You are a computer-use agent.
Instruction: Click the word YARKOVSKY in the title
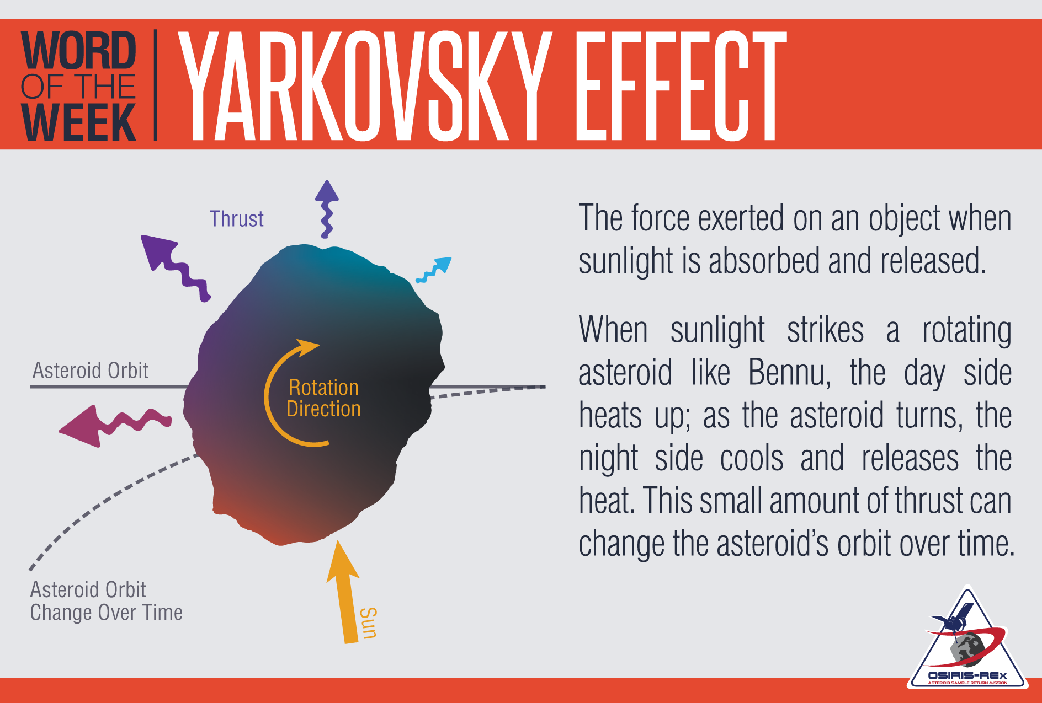(364, 85)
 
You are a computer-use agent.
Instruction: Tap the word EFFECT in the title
(680, 85)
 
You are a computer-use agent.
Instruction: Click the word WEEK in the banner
(78, 122)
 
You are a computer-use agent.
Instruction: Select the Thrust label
(236, 219)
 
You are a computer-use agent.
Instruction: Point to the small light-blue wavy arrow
(434, 270)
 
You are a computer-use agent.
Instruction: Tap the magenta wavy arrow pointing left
(115, 425)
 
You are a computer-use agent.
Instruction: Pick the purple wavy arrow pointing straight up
(327, 209)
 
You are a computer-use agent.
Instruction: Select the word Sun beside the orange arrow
(369, 623)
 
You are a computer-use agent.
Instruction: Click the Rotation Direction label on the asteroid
(323, 398)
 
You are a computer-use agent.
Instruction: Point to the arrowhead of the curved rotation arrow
(307, 347)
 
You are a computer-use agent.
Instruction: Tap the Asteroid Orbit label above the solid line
(91, 371)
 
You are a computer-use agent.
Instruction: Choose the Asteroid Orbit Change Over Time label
(106, 601)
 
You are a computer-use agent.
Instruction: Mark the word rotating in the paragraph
(967, 331)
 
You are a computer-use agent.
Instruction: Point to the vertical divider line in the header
(155, 85)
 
